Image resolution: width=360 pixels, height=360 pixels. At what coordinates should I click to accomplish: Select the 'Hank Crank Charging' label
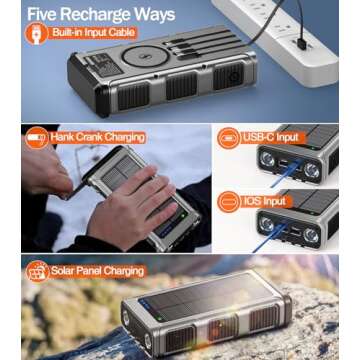click(x=98, y=136)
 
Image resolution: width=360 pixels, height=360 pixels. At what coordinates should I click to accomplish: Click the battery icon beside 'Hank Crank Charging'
click(x=36, y=136)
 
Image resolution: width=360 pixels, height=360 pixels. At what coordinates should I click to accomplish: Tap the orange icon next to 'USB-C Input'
click(x=229, y=137)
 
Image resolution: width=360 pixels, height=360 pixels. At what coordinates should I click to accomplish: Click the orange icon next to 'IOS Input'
click(x=229, y=201)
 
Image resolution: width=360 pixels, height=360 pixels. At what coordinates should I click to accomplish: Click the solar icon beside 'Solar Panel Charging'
click(x=38, y=270)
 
